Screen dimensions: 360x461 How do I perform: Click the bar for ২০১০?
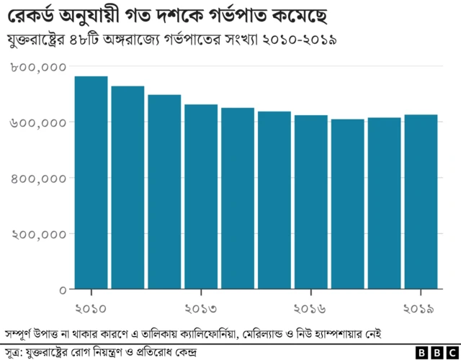click(91, 183)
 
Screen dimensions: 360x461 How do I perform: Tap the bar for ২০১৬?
click(311, 202)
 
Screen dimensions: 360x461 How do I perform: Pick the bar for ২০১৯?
click(421, 202)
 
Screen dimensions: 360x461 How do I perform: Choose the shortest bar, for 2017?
click(348, 204)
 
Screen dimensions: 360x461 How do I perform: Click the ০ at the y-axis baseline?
click(63, 289)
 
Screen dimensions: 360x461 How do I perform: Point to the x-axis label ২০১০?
click(91, 308)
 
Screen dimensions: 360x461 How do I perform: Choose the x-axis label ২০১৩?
click(201, 308)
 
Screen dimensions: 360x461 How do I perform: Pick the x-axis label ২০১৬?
click(311, 308)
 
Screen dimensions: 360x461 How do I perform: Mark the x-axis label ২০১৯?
click(418, 308)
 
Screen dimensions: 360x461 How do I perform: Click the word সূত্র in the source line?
click(14, 351)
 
